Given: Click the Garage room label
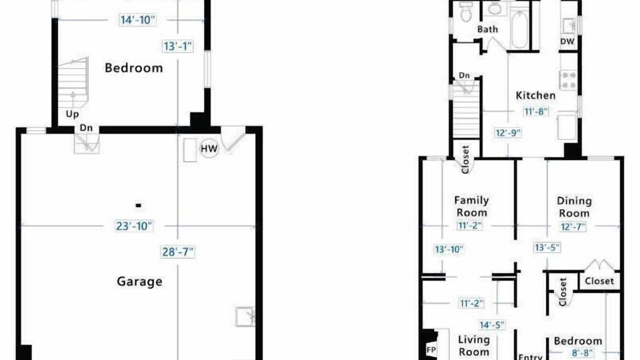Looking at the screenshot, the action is (x=139, y=281).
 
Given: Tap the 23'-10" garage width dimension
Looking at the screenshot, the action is (x=134, y=226).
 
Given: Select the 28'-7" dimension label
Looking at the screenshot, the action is (x=177, y=251).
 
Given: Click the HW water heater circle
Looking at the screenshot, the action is (x=209, y=148).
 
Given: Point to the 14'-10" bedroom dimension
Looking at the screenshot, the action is (x=137, y=20).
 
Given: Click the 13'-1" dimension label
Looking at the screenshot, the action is (x=177, y=46).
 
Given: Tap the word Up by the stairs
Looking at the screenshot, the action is (x=72, y=114).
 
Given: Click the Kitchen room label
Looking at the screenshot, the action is (x=535, y=95).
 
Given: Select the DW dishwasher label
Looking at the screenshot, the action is (x=567, y=41).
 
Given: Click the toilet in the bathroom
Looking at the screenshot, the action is (x=466, y=11).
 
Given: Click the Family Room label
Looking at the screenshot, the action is (x=471, y=206).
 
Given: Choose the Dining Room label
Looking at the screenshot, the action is (x=574, y=207).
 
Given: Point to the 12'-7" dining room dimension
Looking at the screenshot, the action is (x=573, y=227).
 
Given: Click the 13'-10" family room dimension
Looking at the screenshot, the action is (x=448, y=249).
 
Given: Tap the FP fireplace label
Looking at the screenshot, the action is (x=431, y=349).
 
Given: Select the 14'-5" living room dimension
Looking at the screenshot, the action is (x=492, y=325).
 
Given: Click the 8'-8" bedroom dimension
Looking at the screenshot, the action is (x=581, y=353).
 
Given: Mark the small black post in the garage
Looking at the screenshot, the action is (x=138, y=205).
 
